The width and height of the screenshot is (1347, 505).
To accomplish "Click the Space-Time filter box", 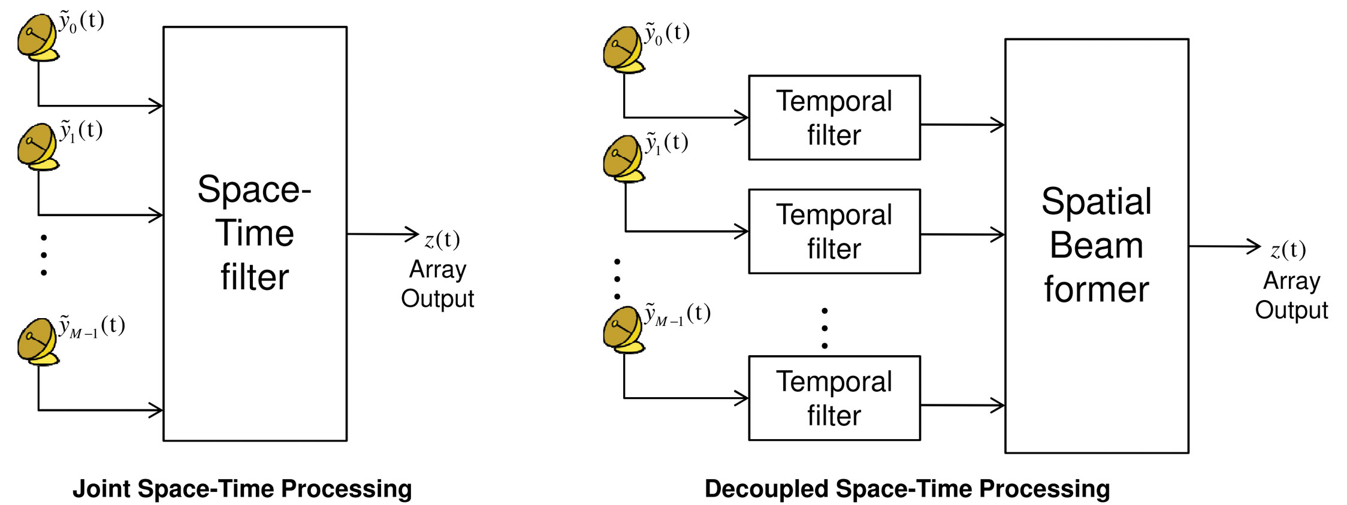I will [x=255, y=234].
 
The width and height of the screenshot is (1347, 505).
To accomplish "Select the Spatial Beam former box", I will [x=1097, y=246].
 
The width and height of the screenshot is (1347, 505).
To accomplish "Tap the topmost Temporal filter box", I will [x=834, y=117].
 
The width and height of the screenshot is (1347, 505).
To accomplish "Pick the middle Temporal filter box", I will [x=834, y=231].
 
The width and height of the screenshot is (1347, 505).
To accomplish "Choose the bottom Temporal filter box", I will [x=834, y=398].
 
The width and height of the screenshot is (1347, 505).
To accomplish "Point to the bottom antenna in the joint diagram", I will [x=37, y=341].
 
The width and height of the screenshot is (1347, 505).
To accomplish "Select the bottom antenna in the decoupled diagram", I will [x=623, y=329].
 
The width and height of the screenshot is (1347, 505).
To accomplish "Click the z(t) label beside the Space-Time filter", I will [x=442, y=240].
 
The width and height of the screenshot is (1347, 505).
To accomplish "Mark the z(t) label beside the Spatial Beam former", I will [x=1288, y=250].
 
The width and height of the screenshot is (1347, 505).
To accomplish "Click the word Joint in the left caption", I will [x=102, y=489].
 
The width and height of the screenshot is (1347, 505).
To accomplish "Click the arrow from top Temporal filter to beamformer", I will [x=962, y=125].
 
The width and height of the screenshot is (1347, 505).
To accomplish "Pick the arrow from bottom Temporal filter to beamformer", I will [x=962, y=405].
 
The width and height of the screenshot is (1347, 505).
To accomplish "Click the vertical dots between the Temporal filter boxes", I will [x=824, y=328].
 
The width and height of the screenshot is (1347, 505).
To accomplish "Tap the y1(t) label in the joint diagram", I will [x=81, y=131].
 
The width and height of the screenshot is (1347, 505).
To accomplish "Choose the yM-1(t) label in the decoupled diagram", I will [x=677, y=314].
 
